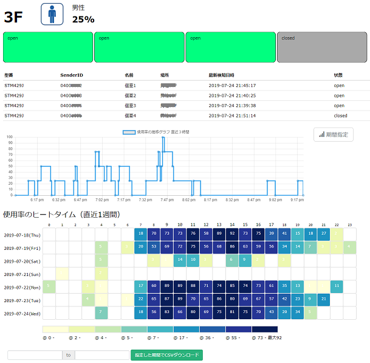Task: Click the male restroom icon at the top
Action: pos(52,14)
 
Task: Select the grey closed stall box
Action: pos(321,47)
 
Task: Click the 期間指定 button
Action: pos(334,134)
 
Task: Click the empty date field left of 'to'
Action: pos(34,355)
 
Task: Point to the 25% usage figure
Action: pos(83,19)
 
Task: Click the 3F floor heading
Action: pos(14,17)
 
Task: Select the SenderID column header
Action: pos(72,75)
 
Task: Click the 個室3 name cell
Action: pos(130,105)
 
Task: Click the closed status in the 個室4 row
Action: pos(340,115)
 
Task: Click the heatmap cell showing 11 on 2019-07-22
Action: pos(336,286)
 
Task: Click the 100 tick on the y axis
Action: pos(9,137)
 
